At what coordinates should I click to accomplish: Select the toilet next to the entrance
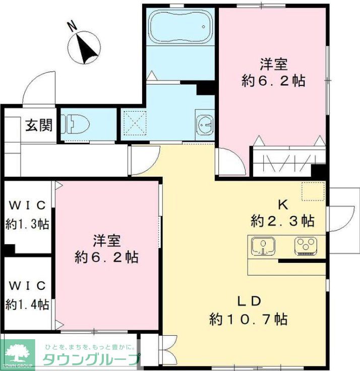click(x=76, y=123)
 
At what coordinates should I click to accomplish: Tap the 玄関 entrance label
click(x=39, y=125)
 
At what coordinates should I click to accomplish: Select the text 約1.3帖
click(x=28, y=225)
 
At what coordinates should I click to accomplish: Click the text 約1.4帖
click(x=28, y=304)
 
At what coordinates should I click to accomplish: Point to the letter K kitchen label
click(x=283, y=205)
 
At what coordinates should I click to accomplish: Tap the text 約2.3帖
click(x=283, y=221)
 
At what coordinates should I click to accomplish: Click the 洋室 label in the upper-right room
click(x=274, y=65)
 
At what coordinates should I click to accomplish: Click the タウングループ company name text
click(x=91, y=359)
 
